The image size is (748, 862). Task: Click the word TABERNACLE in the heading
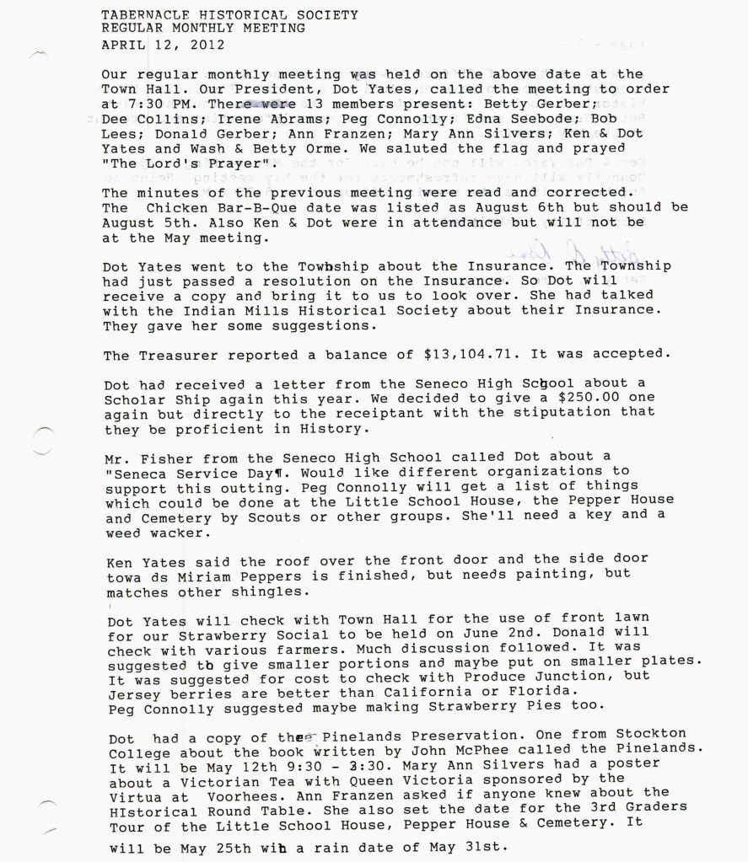coord(138,15)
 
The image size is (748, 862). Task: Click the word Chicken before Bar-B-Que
coord(170,210)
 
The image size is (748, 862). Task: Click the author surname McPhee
coord(475,755)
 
